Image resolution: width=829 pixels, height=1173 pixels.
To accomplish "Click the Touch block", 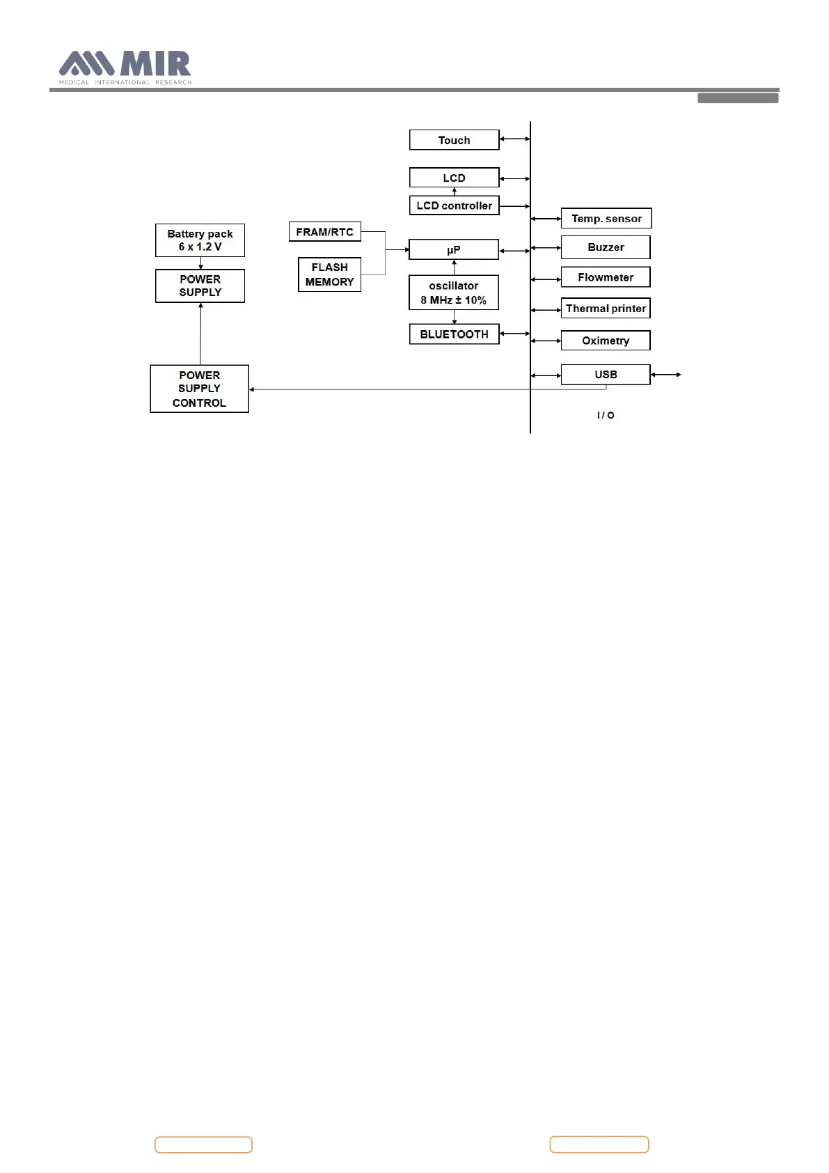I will tap(454, 140).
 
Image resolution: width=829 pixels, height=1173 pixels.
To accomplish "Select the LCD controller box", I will tap(454, 205).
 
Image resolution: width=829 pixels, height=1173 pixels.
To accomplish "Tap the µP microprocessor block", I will tap(454, 249).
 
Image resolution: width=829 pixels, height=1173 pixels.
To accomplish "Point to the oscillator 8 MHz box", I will tap(454, 293).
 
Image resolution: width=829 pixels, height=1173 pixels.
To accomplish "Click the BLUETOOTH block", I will tap(454, 334).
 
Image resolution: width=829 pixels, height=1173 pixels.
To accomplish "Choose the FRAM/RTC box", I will tap(325, 232).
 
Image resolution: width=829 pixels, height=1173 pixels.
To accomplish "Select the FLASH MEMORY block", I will tap(329, 274).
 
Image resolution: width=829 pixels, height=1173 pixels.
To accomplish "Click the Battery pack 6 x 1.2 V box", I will tap(200, 240).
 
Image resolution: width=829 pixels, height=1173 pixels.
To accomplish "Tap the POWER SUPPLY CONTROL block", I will tap(199, 389).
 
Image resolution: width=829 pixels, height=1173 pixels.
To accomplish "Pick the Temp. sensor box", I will tap(606, 219).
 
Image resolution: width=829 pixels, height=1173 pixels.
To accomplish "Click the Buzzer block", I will tap(606, 247).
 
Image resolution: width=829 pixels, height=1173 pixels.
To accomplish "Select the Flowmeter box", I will tap(606, 277).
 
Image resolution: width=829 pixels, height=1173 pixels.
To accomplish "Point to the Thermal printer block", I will tap(606, 309).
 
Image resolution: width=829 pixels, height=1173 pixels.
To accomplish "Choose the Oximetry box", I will tap(606, 341).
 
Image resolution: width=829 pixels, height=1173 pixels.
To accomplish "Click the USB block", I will tap(606, 375).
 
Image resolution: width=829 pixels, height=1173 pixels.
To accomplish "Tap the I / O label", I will tap(606, 415).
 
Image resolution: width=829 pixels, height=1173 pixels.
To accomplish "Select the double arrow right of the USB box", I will tap(666, 375).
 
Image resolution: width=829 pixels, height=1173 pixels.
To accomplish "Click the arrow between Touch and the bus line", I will tap(515, 139).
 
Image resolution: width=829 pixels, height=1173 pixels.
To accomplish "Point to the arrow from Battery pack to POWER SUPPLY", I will tap(200, 263).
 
